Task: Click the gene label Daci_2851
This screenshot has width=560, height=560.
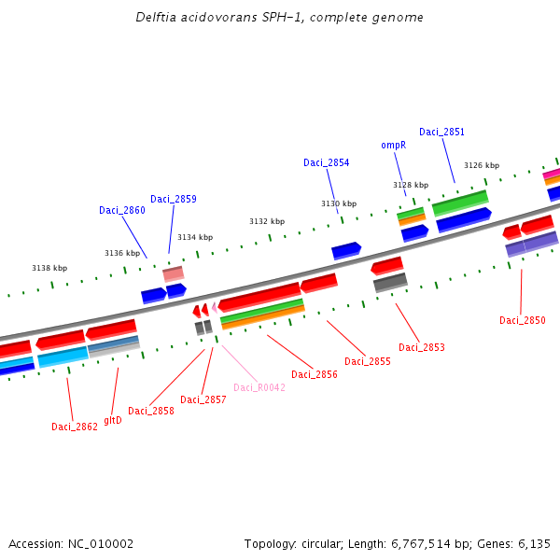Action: tap(441, 133)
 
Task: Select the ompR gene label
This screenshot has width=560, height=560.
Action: tap(394, 146)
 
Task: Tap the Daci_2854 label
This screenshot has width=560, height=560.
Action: tap(327, 163)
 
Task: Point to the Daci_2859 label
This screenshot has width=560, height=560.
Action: tap(174, 199)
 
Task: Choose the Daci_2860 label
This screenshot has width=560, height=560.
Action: tap(122, 211)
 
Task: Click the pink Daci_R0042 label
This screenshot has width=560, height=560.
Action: tap(259, 387)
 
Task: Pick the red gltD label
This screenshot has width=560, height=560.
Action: tap(113, 420)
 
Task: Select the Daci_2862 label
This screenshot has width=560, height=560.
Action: tap(75, 427)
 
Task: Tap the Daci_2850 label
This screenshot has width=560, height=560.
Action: tap(523, 321)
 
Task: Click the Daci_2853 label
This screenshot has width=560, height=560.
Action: tap(422, 348)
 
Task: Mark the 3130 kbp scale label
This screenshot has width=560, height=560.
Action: tap(339, 203)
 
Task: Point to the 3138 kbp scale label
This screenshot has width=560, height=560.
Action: tap(49, 268)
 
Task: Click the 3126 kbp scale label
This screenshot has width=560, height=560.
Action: tap(482, 165)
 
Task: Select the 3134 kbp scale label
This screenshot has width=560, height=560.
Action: tap(195, 237)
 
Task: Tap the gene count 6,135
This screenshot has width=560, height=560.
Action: tap(533, 543)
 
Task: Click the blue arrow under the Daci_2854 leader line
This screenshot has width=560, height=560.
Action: tap(346, 250)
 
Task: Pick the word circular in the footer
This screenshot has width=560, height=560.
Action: tap(327, 543)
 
